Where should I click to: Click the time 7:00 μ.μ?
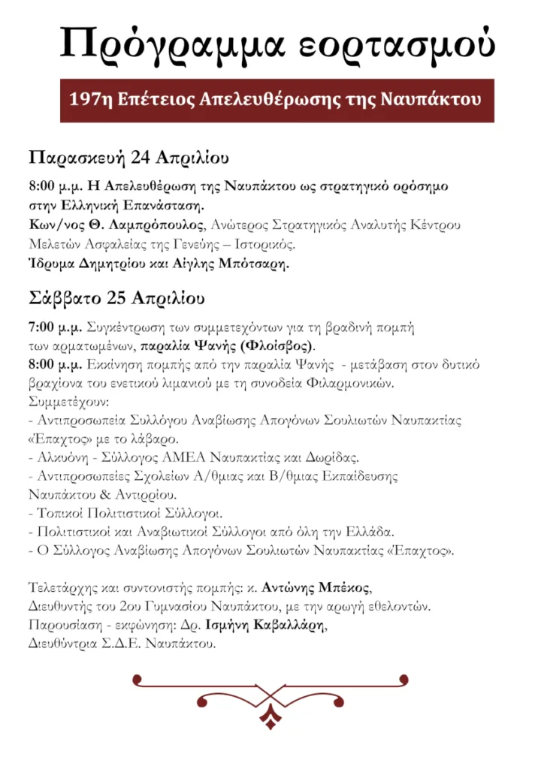click(x=55, y=328)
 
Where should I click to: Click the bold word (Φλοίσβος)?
click(x=280, y=346)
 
